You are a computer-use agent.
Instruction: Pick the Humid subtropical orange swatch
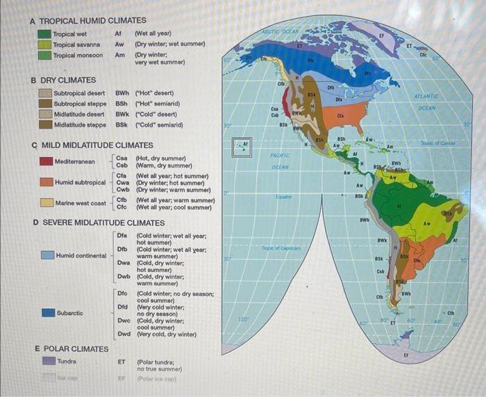(x=45, y=182)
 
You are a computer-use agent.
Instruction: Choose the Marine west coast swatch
(x=45, y=203)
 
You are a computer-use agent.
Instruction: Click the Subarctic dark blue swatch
(x=47, y=313)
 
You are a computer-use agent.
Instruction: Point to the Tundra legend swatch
(x=47, y=361)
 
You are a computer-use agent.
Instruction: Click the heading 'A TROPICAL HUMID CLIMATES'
(x=88, y=21)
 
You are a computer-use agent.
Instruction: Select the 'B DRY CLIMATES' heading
(x=63, y=81)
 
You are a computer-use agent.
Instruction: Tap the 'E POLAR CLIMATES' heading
(x=72, y=348)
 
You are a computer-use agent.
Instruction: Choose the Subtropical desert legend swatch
(x=45, y=92)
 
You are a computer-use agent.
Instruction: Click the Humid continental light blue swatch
(x=47, y=255)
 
